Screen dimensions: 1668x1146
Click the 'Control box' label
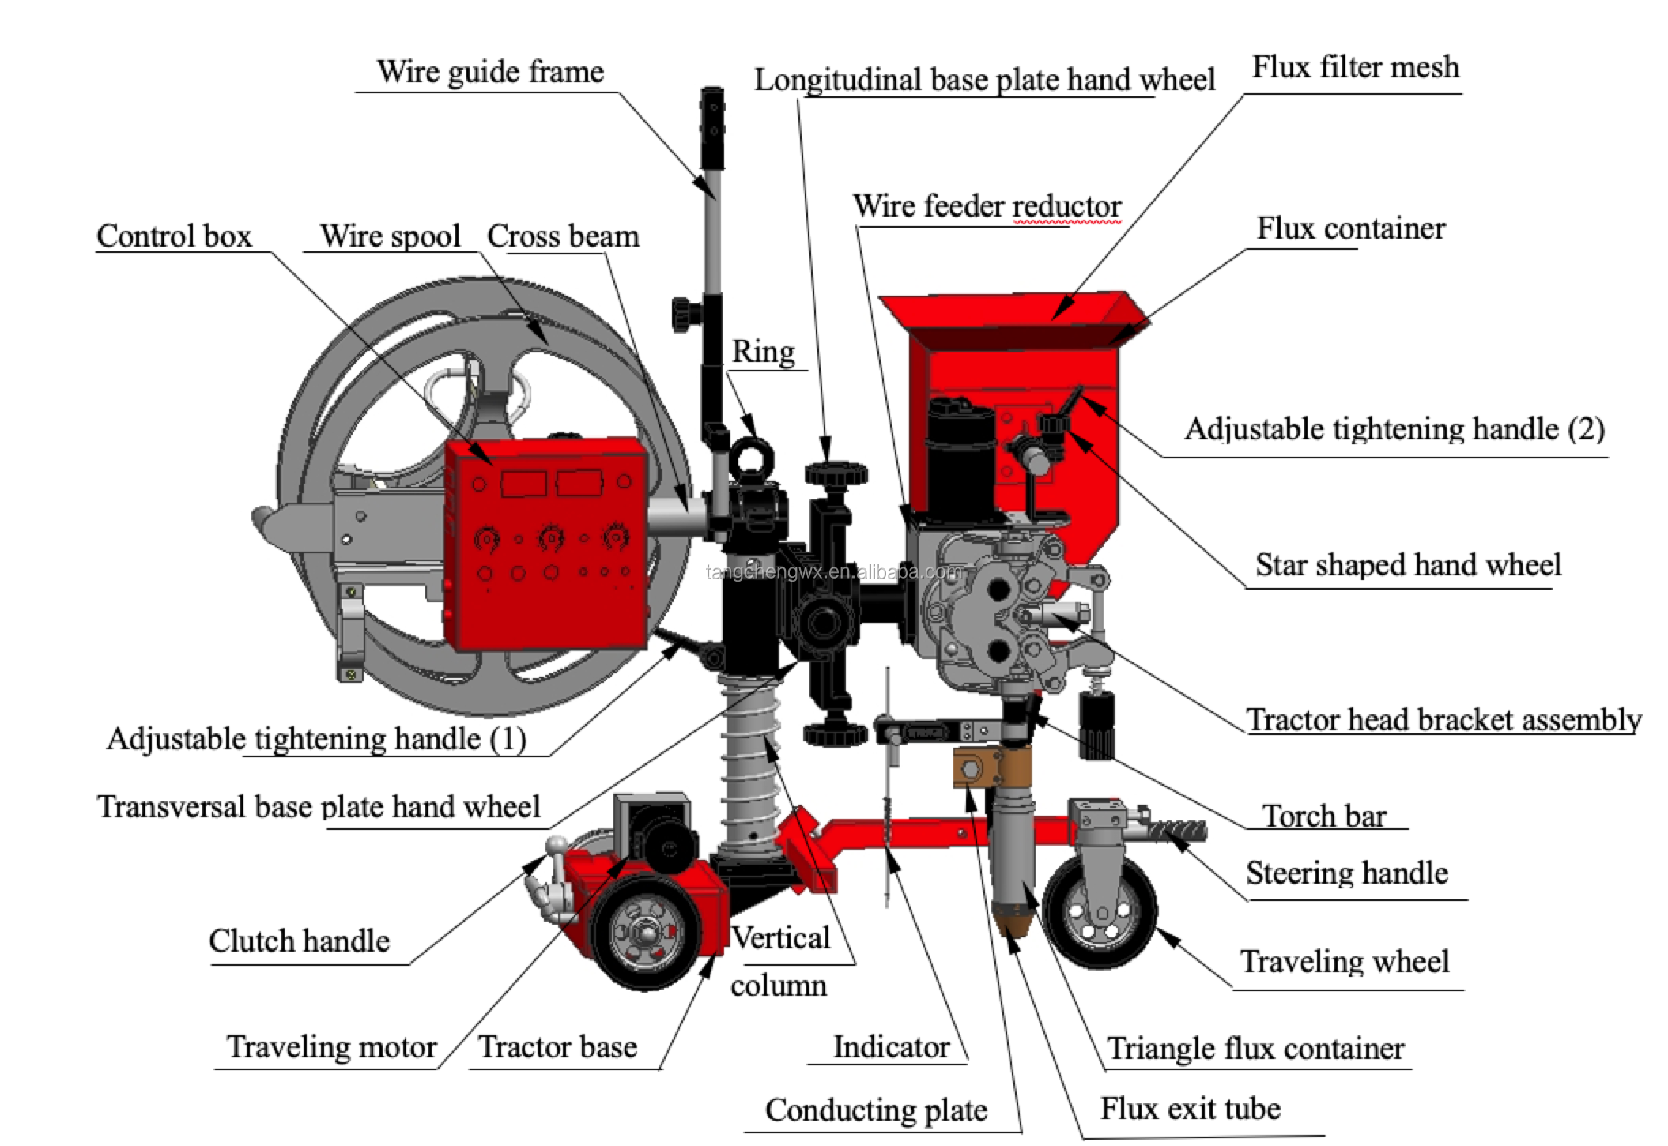coord(174,236)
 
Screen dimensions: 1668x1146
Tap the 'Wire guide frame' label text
coord(490,72)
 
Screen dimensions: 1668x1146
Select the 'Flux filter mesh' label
coord(1355,67)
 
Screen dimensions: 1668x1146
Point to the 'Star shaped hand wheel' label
coord(1408,565)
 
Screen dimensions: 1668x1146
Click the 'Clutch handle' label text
coord(299,941)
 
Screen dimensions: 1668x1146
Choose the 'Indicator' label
coord(891,1046)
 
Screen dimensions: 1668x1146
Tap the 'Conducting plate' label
coord(876,1110)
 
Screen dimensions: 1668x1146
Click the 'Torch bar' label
coord(1324,816)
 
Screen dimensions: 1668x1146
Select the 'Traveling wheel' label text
coord(1345,962)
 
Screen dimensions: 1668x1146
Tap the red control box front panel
coord(545,545)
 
